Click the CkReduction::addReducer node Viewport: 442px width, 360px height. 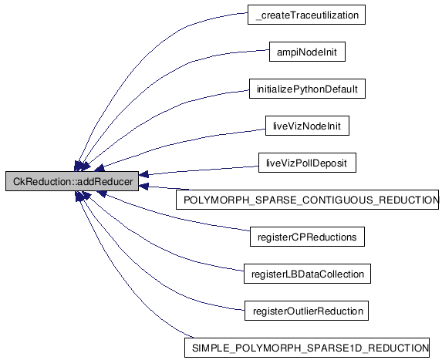point(73,181)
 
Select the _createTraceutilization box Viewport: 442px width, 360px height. point(306,15)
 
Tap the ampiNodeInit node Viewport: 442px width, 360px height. point(307,52)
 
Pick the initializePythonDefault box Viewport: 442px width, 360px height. point(307,89)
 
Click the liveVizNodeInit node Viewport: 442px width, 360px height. point(307,126)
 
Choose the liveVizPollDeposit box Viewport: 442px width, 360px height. point(307,163)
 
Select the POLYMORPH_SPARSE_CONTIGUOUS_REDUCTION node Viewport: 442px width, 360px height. point(307,200)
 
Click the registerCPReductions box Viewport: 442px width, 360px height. point(307,237)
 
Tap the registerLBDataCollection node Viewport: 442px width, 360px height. point(307,274)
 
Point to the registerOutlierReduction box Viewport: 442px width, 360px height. point(306,311)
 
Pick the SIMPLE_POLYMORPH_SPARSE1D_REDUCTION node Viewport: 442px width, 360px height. point(307,348)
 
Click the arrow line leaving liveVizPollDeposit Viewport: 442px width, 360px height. point(199,170)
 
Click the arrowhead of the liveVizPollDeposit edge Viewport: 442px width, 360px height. point(143,175)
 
